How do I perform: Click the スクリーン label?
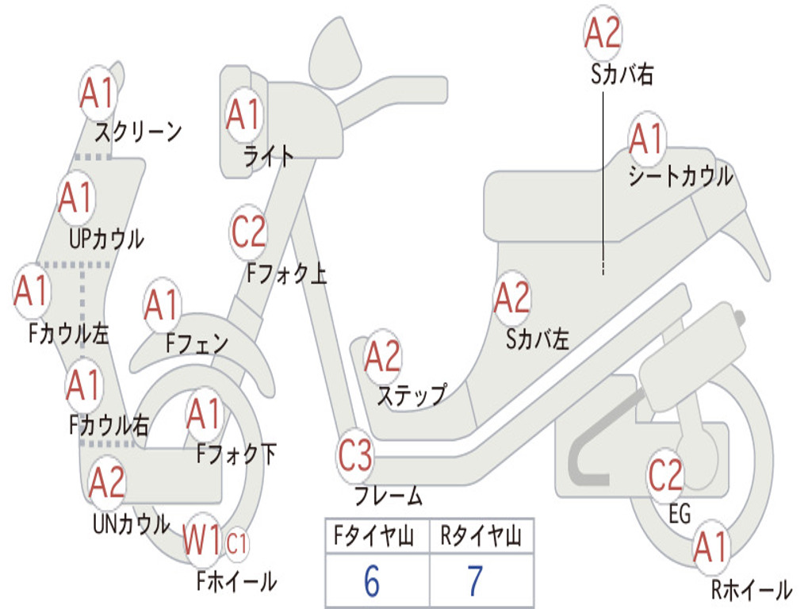pos(138,131)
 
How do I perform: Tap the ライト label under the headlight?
pos(269,156)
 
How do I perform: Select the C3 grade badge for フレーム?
pos(354,457)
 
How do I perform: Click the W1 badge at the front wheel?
pos(202,542)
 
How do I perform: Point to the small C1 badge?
pos(238,544)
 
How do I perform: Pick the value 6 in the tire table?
pos(371,581)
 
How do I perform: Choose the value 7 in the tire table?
pos(475,581)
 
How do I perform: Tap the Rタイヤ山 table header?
pos(481,537)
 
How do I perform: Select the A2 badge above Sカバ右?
pos(602,33)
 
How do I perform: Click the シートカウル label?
pos(680,177)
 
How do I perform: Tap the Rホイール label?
pos(751,589)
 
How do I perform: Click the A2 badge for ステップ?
pos(382,358)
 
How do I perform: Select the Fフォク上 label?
pos(286,274)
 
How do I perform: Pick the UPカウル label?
pos(106,238)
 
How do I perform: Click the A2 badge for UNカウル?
pos(107,483)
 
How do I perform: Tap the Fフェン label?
pos(197,343)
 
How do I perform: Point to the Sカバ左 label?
pos(538,339)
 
